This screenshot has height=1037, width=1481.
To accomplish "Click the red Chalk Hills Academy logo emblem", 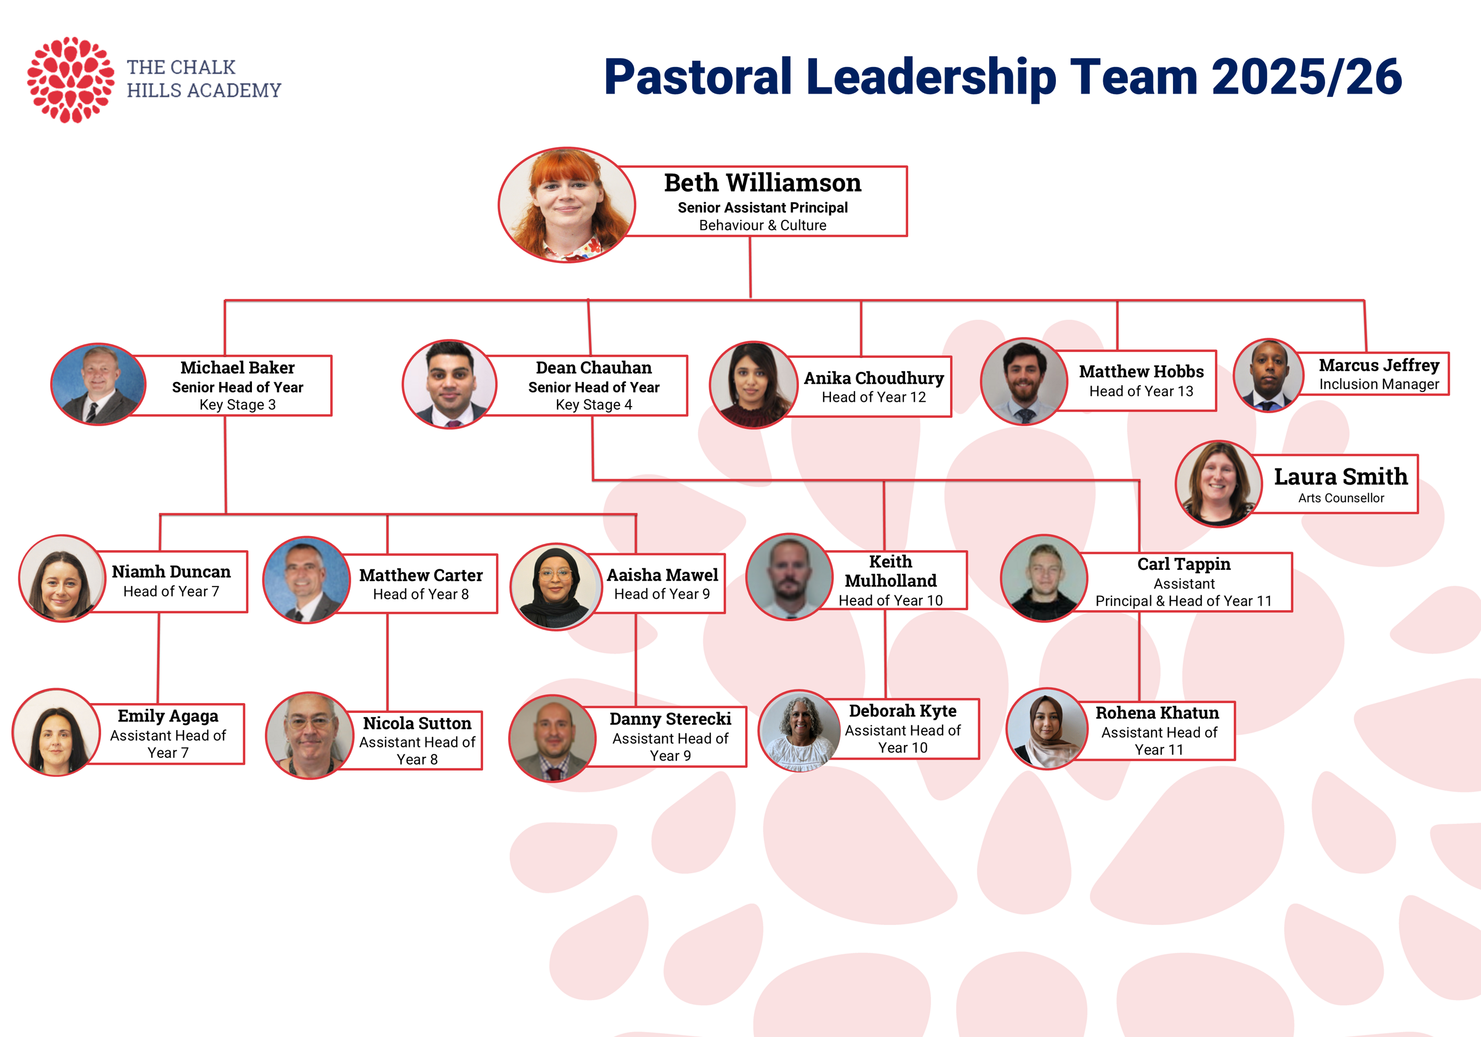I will click(70, 79).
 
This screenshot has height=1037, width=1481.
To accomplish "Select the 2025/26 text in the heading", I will click(1306, 77).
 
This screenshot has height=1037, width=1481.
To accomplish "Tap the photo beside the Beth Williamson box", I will click(567, 205).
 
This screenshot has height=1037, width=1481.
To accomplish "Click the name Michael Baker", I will click(237, 367).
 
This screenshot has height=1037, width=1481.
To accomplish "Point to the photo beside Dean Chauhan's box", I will click(449, 384).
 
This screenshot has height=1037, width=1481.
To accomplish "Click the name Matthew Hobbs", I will click(1141, 372).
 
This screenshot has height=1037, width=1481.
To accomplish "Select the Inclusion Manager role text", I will click(1378, 385).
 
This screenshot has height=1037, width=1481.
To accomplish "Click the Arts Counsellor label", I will click(1341, 498).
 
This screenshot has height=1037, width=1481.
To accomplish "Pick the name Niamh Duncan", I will click(171, 572).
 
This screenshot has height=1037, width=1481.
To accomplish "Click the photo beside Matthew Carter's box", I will click(306, 580).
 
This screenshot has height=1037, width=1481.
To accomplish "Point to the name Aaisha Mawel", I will click(662, 575).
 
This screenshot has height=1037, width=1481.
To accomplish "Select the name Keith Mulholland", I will click(890, 571).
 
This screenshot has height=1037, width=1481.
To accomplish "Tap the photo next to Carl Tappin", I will click(1043, 578).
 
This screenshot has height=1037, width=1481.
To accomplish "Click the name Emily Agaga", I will click(168, 716).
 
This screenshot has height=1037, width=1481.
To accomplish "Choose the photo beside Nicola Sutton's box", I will click(309, 736).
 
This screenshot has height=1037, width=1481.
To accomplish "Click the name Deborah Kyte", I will click(902, 711).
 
